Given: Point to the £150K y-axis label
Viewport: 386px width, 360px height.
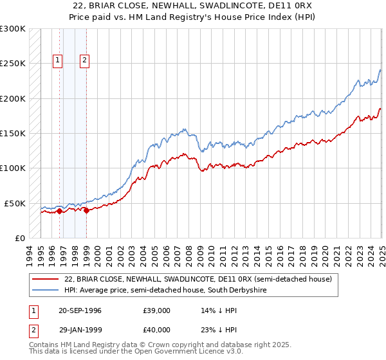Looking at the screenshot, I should (13, 133).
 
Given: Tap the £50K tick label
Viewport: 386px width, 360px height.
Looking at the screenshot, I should (15, 203).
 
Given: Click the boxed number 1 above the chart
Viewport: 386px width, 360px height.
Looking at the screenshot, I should (58, 61).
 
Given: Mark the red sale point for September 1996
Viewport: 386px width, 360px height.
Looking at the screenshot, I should (59, 210).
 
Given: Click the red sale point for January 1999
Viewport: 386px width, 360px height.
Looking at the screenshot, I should (86, 210).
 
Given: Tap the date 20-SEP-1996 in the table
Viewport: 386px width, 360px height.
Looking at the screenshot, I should (80, 310).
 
